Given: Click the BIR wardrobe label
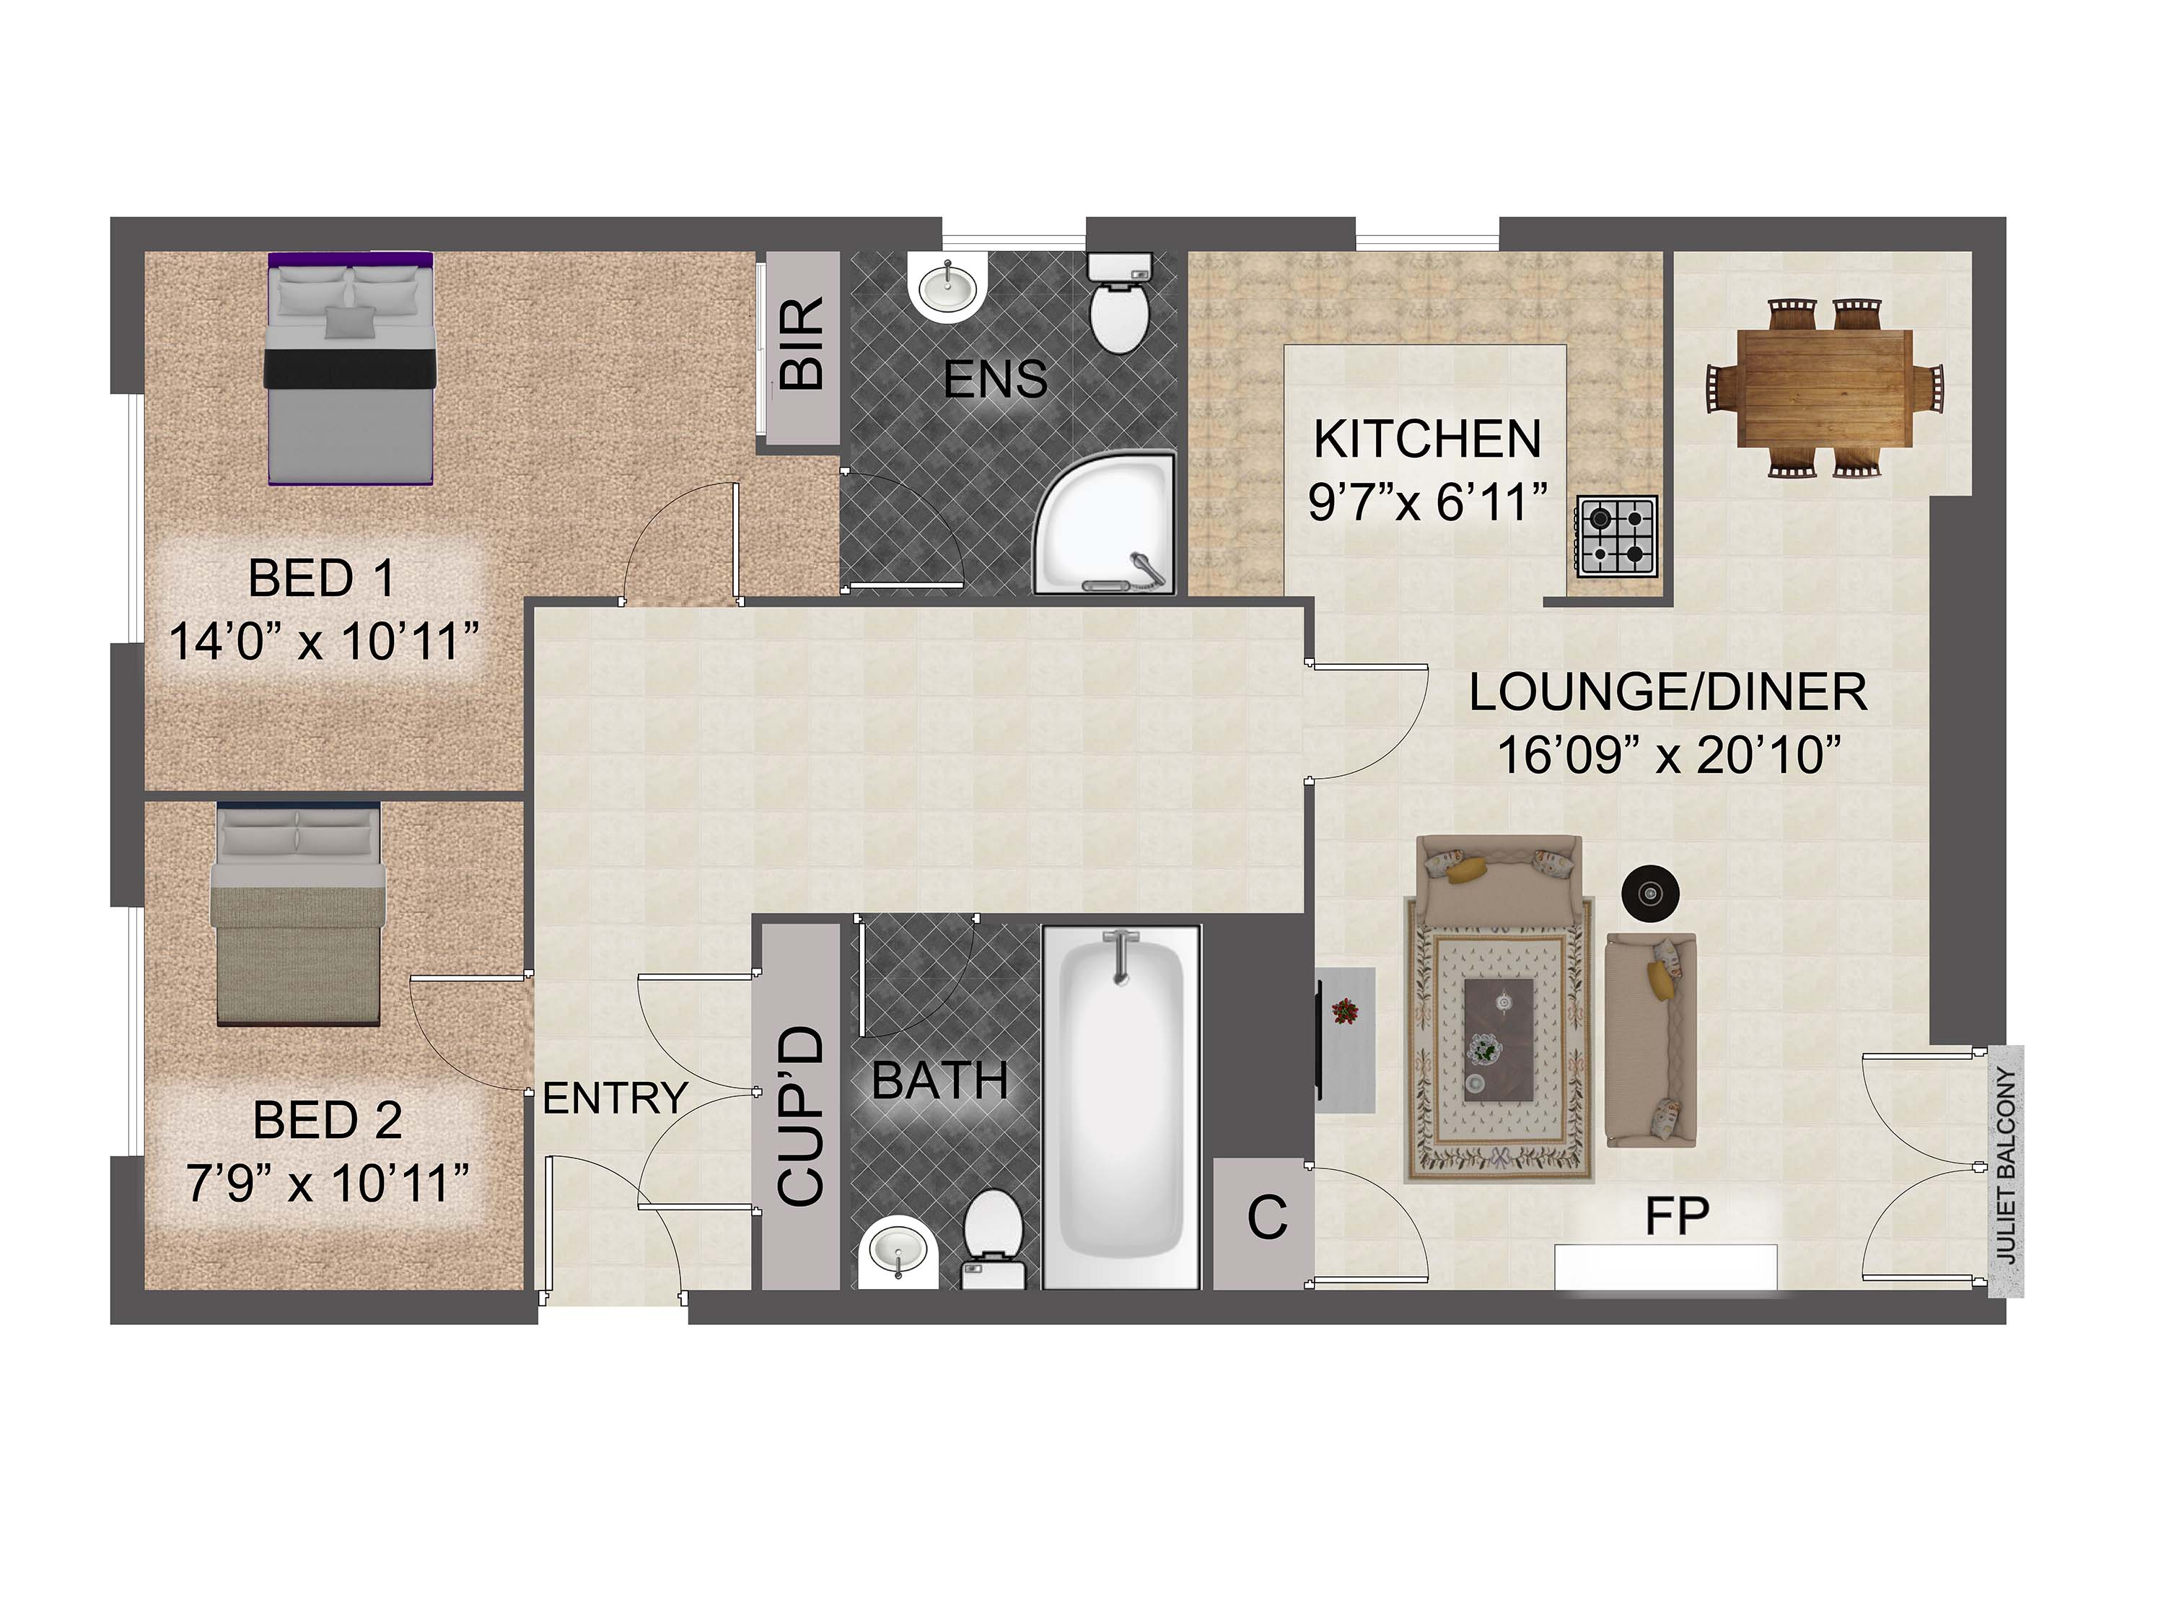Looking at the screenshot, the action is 803,344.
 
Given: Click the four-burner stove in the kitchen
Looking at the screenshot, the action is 1617,536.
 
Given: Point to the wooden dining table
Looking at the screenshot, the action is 1824,388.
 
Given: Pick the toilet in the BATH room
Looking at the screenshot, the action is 994,1239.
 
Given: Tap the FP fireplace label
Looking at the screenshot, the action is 1676,1217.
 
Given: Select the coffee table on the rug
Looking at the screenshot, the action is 1499,1039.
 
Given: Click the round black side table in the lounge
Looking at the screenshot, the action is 1650,892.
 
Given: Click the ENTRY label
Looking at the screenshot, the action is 615,1099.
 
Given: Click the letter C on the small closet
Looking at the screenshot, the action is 1267,1218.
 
